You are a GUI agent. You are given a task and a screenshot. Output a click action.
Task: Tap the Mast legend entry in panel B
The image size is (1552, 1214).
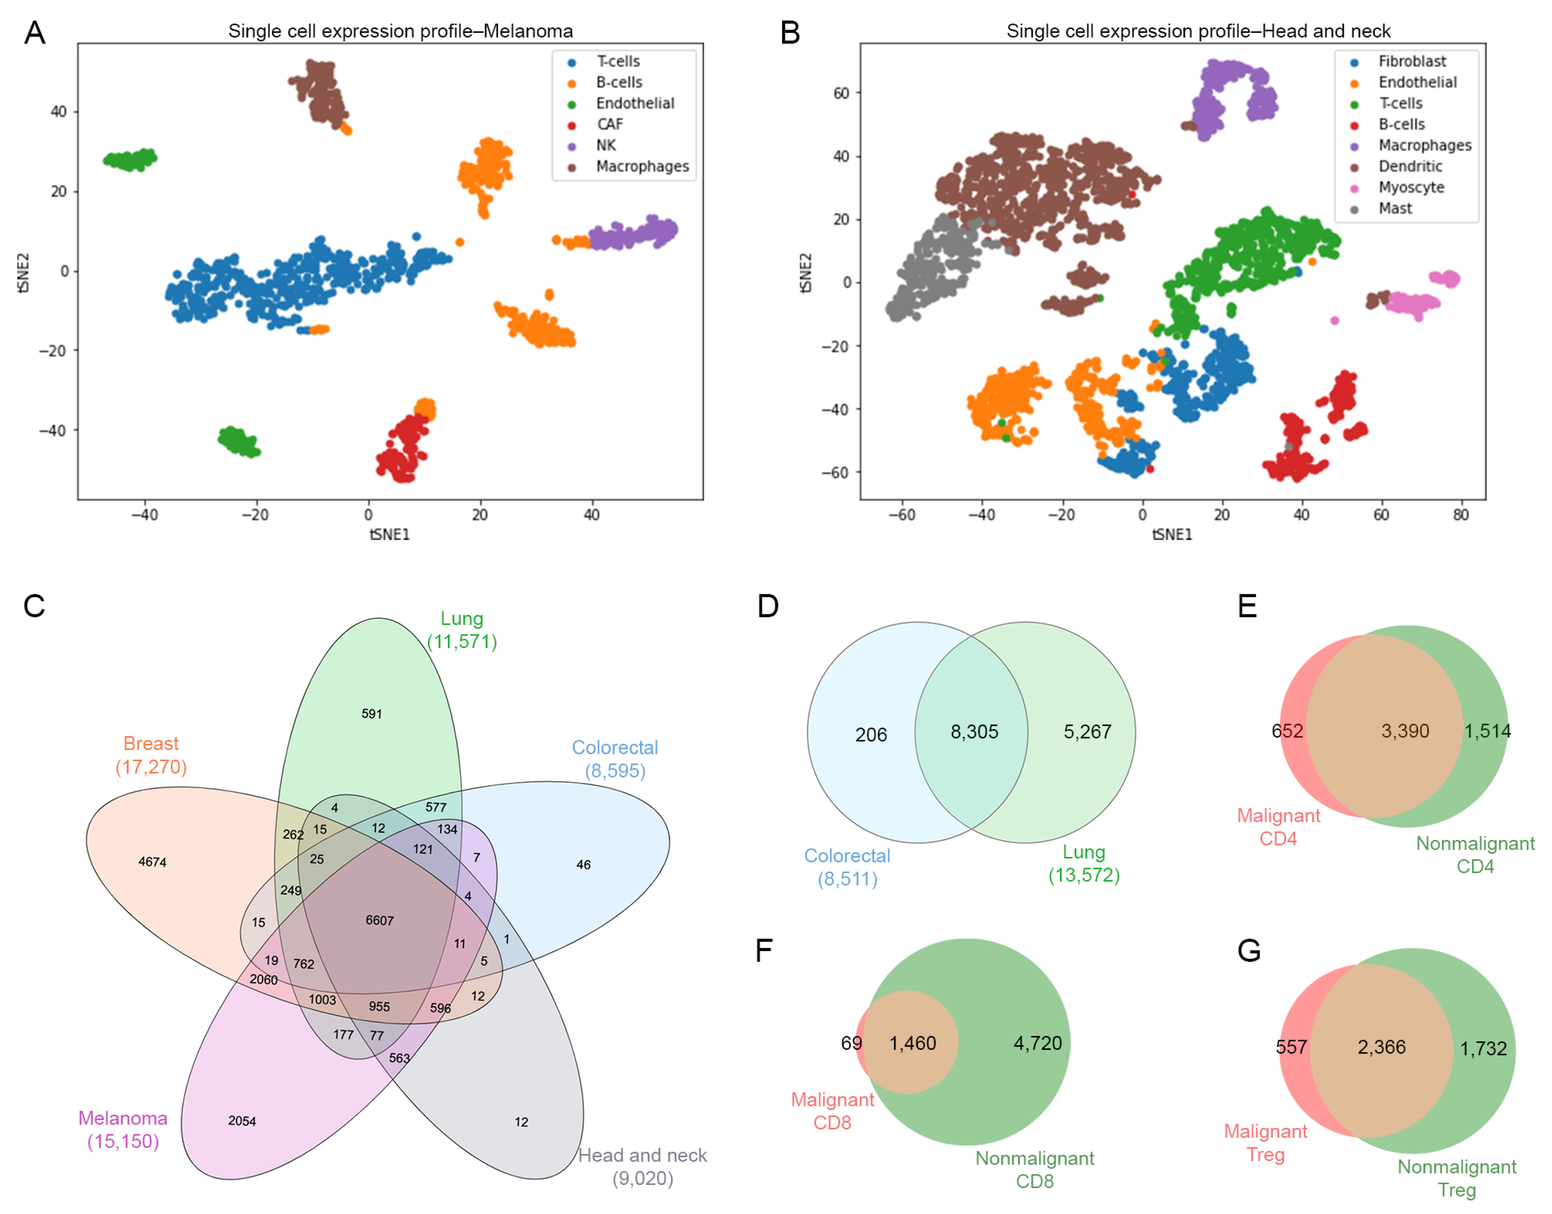pyautogui.click(x=1394, y=208)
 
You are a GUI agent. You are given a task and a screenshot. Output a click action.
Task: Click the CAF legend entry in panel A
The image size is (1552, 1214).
pyautogui.click(x=609, y=125)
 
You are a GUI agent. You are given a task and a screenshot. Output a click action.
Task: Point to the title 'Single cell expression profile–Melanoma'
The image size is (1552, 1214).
pyautogui.click(x=400, y=31)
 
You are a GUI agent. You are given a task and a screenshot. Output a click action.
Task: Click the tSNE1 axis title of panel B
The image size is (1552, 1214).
pyautogui.click(x=1171, y=534)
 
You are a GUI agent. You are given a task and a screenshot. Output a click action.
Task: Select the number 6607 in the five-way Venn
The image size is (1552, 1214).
pyautogui.click(x=379, y=920)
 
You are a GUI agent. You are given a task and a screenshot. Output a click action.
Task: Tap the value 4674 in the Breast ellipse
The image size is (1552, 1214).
pyautogui.click(x=152, y=862)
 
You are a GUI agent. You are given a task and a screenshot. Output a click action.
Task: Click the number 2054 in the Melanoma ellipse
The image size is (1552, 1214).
pyautogui.click(x=242, y=1121)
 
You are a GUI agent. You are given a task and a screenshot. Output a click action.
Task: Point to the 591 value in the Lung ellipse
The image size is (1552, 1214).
pyautogui.click(x=371, y=713)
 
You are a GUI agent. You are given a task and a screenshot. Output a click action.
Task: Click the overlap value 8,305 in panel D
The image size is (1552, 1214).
pyautogui.click(x=974, y=731)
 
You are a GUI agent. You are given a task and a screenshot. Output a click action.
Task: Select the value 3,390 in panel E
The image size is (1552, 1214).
pyautogui.click(x=1404, y=731)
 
